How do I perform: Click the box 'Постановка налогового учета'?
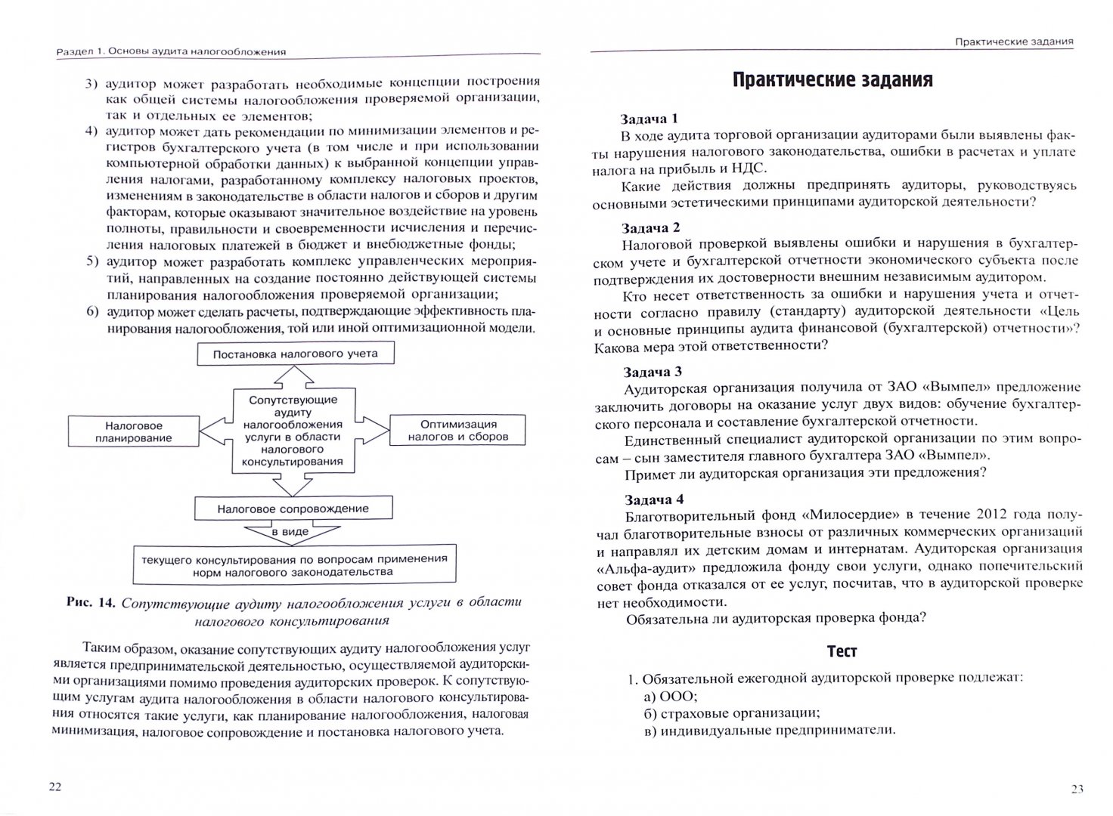[x=295, y=354]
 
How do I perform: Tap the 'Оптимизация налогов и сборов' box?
[x=458, y=431]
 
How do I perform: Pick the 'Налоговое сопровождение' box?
[x=293, y=508]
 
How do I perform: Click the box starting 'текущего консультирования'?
[x=293, y=565]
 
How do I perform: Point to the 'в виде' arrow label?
[x=290, y=532]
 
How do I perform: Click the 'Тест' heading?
[x=842, y=651]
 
